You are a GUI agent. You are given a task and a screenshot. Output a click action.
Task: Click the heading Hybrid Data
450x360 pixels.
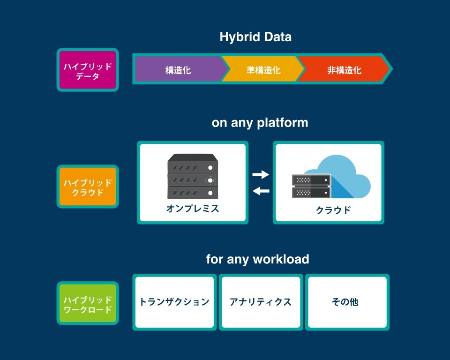pyautogui.click(x=255, y=37)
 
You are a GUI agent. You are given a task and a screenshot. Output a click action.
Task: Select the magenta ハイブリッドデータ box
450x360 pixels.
pyautogui.click(x=88, y=70)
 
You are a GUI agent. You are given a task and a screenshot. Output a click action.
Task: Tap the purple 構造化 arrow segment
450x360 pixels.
pyautogui.click(x=180, y=69)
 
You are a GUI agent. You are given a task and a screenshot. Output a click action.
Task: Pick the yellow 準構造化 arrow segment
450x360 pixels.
pyautogui.click(x=262, y=69)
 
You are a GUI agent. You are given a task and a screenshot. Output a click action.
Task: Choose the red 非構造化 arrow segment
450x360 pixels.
pyautogui.click(x=344, y=69)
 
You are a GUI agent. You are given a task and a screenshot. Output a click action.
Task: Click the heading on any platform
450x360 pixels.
pyautogui.click(x=260, y=123)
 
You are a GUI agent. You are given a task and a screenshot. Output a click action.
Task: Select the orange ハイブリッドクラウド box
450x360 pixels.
pyautogui.click(x=88, y=187)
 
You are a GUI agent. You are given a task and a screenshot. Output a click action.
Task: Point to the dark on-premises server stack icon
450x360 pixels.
pyautogui.click(x=193, y=176)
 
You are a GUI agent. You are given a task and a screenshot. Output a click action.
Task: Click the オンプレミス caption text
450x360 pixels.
pyautogui.click(x=193, y=209)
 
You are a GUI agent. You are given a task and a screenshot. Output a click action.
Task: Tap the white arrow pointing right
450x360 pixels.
pyautogui.click(x=261, y=174)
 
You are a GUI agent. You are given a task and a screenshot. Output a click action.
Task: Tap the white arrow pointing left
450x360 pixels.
pyautogui.click(x=261, y=191)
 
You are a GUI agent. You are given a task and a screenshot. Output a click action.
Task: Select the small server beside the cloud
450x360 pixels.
pyautogui.click(x=311, y=186)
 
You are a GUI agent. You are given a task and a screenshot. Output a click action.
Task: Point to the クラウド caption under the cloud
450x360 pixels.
pyautogui.click(x=333, y=210)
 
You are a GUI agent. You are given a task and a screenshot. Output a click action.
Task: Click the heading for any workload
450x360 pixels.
pyautogui.click(x=257, y=259)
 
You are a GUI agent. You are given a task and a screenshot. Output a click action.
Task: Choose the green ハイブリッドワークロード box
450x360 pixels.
pyautogui.click(x=88, y=303)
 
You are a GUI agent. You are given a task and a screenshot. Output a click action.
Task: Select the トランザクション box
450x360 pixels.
pyautogui.click(x=174, y=302)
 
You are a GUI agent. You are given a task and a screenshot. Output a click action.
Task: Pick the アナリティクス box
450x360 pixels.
pyautogui.click(x=261, y=302)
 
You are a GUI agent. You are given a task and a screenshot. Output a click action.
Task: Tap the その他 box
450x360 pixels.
pyautogui.click(x=347, y=302)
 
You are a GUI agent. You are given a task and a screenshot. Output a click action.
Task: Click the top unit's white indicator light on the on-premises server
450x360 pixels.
pyautogui.click(x=210, y=168)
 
